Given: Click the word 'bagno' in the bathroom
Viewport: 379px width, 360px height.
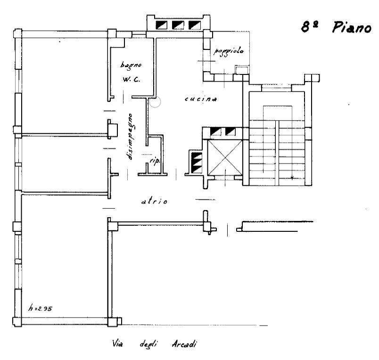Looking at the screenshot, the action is (x=131, y=65).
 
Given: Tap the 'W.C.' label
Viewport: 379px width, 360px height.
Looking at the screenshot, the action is (x=131, y=79).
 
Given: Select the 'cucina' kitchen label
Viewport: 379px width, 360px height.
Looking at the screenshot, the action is (x=201, y=99).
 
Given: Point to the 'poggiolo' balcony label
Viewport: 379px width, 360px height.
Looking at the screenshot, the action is (x=229, y=51).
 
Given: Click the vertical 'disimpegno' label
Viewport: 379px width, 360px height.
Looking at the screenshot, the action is (x=130, y=137).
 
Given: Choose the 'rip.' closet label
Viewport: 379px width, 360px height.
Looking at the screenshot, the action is (x=155, y=162).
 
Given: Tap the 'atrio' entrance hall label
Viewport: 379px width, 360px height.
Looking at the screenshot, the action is (x=154, y=201).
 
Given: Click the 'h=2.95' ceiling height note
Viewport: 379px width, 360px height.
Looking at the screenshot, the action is (x=40, y=308).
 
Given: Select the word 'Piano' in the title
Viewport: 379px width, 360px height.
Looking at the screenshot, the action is (x=352, y=27).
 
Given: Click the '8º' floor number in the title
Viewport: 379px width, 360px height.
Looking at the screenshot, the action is (x=309, y=26).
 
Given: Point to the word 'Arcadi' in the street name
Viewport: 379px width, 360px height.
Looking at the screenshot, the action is (x=184, y=344).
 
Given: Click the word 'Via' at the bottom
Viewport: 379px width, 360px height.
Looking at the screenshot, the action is (x=117, y=343).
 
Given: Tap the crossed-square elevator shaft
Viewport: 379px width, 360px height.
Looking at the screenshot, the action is (x=225, y=157).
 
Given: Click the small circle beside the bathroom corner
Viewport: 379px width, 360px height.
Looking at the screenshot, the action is (x=155, y=102).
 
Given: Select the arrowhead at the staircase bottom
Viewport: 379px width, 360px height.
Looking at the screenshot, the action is (x=292, y=178).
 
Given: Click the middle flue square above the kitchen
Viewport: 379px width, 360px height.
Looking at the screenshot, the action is (x=178, y=25).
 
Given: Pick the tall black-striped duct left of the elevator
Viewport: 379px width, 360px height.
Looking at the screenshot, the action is (x=197, y=163).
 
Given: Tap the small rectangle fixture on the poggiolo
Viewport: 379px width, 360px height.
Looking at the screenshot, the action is (x=242, y=70).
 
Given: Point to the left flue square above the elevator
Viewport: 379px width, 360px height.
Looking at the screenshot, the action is (x=215, y=131).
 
